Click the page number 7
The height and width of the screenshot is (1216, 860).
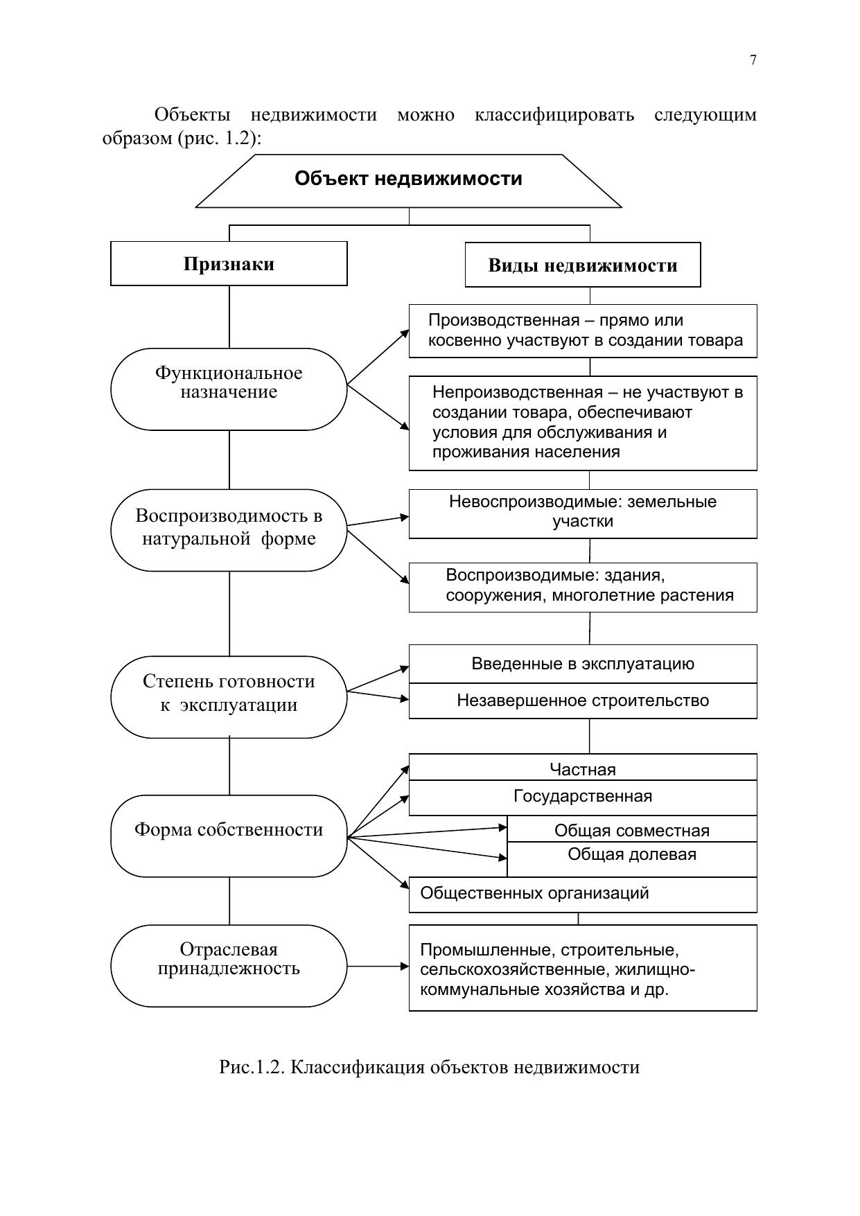click(x=753, y=60)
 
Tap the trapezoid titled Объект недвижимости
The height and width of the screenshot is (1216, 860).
click(x=408, y=180)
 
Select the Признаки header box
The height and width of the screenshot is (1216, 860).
click(x=229, y=264)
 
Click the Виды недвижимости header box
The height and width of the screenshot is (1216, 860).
click(x=582, y=265)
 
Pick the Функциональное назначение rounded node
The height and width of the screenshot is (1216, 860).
click(x=229, y=389)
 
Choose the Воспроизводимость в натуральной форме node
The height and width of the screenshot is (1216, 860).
click(x=229, y=530)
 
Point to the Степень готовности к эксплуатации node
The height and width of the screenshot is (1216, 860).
click(x=229, y=696)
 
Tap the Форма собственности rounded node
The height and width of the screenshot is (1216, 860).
click(x=229, y=835)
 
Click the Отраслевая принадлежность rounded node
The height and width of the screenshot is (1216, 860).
click(x=229, y=965)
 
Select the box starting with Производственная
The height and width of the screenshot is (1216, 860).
click(x=582, y=331)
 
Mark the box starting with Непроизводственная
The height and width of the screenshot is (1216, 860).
click(x=582, y=423)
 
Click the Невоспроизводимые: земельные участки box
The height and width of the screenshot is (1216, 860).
click(x=582, y=513)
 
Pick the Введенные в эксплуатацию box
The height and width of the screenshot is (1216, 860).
click(x=582, y=664)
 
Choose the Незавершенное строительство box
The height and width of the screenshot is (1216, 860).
click(x=582, y=701)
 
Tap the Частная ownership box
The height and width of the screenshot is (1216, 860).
click(x=582, y=768)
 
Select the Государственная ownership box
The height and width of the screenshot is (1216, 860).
click(x=582, y=798)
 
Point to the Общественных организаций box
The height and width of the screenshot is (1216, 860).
click(x=582, y=894)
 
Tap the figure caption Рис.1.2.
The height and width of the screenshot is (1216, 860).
click(x=429, y=1067)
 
